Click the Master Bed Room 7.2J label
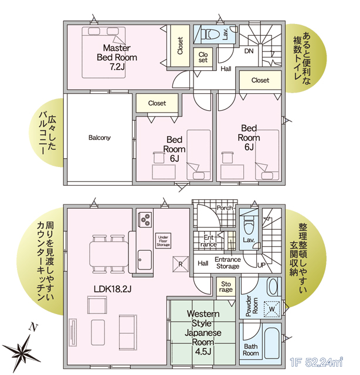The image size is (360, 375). click(x=117, y=57)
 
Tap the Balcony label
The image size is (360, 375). click(x=100, y=138)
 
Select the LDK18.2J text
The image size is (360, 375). click(x=113, y=289)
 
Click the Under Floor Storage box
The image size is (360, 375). click(x=163, y=241)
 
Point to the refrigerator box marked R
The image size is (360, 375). click(x=181, y=264)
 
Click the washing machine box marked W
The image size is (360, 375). click(x=272, y=309)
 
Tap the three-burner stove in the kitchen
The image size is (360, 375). click(x=145, y=219)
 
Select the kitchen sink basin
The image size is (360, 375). click(x=145, y=260)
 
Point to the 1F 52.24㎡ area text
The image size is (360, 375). click(x=317, y=363)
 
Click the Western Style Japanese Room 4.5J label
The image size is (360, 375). click(x=203, y=332)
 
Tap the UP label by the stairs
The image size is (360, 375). click(x=261, y=265)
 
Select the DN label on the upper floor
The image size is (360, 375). click(x=249, y=51)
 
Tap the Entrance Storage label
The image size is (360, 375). click(x=227, y=263)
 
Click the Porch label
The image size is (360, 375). click(x=225, y=208)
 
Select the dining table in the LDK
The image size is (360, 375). click(x=109, y=254)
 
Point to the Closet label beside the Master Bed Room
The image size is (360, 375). click(x=180, y=46)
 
